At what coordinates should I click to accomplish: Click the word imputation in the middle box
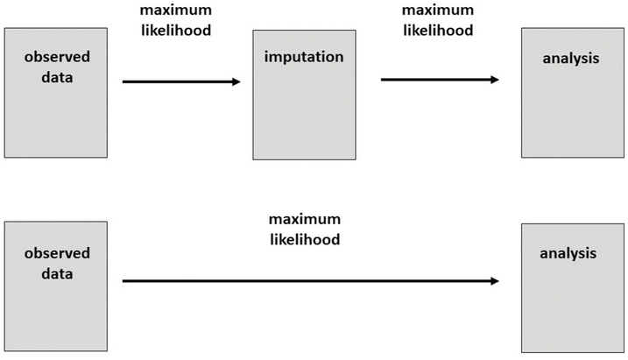point(303,57)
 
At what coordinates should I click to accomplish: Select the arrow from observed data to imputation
point(180,81)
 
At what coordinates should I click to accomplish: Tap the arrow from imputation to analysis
point(438,80)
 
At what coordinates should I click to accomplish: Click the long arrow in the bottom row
point(307,281)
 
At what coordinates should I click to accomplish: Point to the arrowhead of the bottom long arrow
point(494,281)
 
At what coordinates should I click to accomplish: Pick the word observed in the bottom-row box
point(57,253)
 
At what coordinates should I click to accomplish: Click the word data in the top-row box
point(57,78)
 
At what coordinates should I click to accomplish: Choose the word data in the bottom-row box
point(57,273)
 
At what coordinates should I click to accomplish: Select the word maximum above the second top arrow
point(438,10)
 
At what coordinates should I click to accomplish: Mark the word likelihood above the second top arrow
point(438,30)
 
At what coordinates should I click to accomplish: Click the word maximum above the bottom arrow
point(305,219)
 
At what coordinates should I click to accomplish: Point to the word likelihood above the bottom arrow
point(305,238)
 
